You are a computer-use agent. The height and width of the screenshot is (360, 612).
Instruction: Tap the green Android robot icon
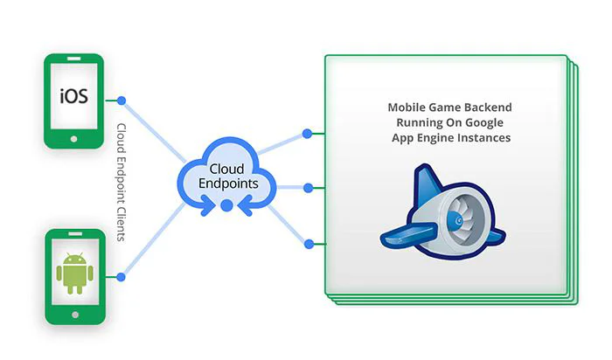(73, 273)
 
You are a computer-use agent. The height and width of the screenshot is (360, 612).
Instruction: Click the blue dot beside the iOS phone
(122, 100)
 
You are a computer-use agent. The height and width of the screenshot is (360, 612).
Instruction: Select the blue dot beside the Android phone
(122, 277)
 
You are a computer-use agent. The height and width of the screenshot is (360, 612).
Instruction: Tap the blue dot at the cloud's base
(226, 205)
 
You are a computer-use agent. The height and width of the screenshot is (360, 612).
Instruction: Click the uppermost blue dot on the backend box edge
(307, 134)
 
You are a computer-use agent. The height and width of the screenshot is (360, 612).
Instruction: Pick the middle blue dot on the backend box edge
(307, 187)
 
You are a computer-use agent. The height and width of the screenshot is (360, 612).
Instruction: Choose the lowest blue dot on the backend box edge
(307, 242)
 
